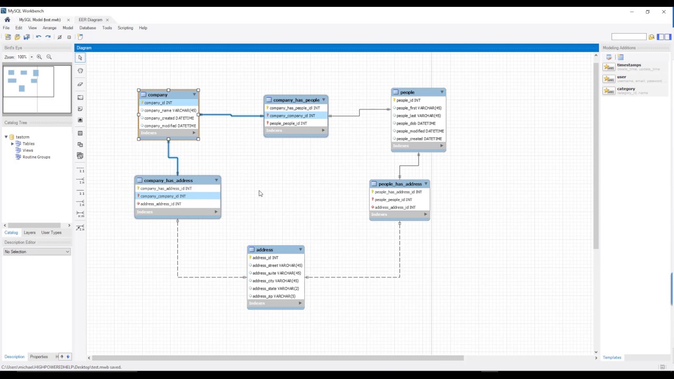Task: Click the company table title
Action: [x=158, y=95]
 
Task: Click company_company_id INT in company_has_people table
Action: [x=292, y=116]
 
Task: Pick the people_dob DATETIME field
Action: [x=415, y=123]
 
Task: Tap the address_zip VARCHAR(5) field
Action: [x=274, y=296]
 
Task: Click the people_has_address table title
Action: [x=400, y=184]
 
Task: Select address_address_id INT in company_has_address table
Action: [x=161, y=204]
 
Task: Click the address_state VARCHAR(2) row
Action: [x=275, y=288]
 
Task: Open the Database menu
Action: [x=87, y=28]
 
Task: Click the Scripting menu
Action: [x=125, y=28]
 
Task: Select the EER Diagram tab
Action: [x=91, y=20]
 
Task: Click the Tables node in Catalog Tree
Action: [x=28, y=144]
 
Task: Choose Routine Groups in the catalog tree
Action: [x=36, y=157]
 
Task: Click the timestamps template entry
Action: [x=629, y=65]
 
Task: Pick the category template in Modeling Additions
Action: [x=626, y=89]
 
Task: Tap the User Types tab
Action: [x=51, y=233]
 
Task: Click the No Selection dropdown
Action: [x=37, y=252]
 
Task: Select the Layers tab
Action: [x=29, y=233]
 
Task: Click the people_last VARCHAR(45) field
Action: [x=419, y=116]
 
